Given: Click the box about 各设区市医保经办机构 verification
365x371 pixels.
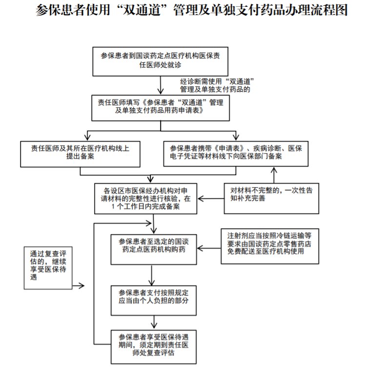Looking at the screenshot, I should click(145, 198).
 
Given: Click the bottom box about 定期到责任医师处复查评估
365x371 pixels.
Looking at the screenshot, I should click(154, 344).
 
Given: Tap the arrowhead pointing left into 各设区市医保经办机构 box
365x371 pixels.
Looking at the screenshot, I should click(201, 198).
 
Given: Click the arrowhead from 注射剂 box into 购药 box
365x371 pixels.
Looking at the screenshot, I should click(201, 249).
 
